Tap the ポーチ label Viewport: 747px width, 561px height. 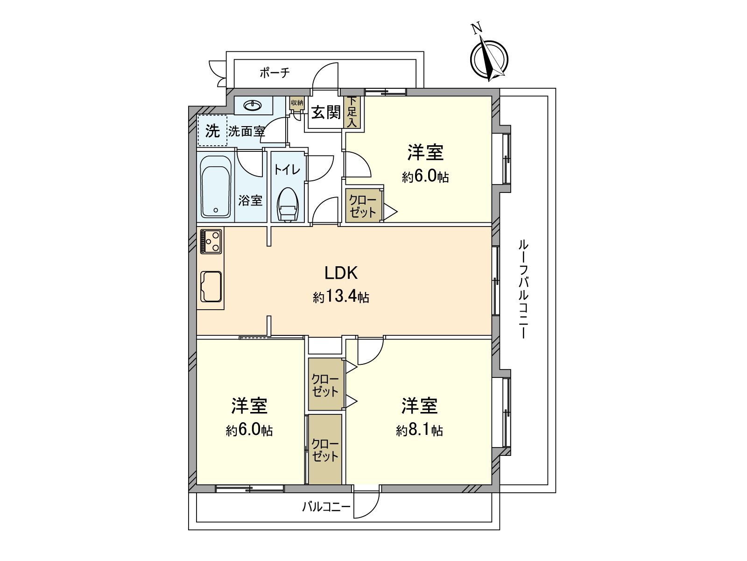(x=275, y=72)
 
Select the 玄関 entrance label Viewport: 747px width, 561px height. (x=326, y=113)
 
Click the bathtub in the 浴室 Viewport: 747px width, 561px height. (x=215, y=187)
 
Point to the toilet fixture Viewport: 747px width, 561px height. (x=288, y=206)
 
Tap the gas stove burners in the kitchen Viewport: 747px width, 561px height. (x=211, y=241)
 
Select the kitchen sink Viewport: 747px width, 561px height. (x=211, y=286)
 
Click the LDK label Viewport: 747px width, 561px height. (x=341, y=273)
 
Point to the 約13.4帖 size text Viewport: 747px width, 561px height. (x=341, y=297)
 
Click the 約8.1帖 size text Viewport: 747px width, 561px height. (x=419, y=430)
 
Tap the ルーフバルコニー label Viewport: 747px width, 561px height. (x=523, y=289)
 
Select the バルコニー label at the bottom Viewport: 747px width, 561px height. (x=326, y=506)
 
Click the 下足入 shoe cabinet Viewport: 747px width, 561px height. (x=352, y=112)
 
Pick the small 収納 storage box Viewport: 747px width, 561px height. (x=296, y=103)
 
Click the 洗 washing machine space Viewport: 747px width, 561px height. (x=212, y=131)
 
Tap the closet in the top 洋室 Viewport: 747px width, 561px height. (x=363, y=206)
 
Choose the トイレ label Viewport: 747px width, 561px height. (x=287, y=169)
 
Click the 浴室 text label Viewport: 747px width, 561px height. (x=250, y=201)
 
